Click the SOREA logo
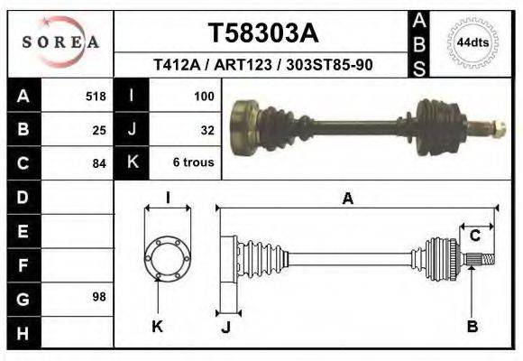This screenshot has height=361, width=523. coord(60,42)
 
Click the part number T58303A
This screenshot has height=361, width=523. coord(262,33)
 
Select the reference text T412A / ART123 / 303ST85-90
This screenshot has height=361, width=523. coord(263,66)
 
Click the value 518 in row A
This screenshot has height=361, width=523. coord(96,96)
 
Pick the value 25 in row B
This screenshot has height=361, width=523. coord(99,129)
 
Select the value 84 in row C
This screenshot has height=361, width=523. coord(99,163)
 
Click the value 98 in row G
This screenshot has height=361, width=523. coord(99,297)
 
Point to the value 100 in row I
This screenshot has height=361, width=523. coord(204,96)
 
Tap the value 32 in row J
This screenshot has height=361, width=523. coord(206,129)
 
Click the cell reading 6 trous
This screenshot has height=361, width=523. coord(193,163)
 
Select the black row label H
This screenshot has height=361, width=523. coord(23,332)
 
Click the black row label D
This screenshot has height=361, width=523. coord(23,197)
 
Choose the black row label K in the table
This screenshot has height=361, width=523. coord(132,162)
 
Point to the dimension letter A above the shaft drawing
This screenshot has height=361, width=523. coord(347,199)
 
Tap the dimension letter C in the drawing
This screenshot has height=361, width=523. coord(474,236)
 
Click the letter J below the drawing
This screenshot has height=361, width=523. coord(225,328)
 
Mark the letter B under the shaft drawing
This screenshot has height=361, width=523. coord(472,327)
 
